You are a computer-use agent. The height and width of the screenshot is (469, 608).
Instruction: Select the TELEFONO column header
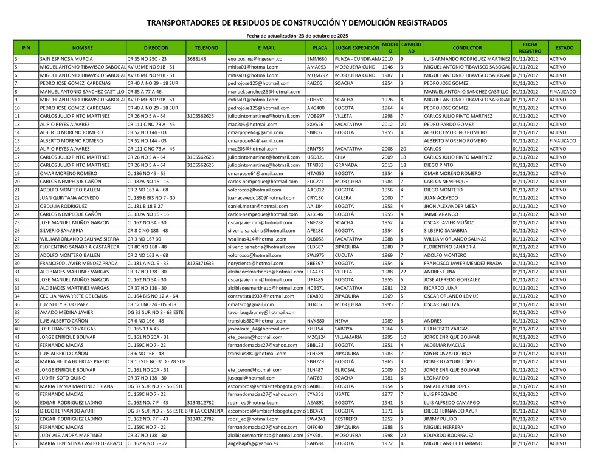pyautogui.click(x=206, y=47)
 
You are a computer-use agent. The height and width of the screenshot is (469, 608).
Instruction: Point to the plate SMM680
pyautogui.click(x=316, y=59)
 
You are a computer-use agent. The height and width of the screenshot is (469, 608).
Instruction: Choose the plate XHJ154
pyautogui.click(x=316, y=328)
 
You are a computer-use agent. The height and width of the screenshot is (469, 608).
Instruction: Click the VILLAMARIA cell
pyautogui.click(x=350, y=336)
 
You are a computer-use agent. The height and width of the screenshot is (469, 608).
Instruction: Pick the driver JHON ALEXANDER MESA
pyautogui.click(x=452, y=206)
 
